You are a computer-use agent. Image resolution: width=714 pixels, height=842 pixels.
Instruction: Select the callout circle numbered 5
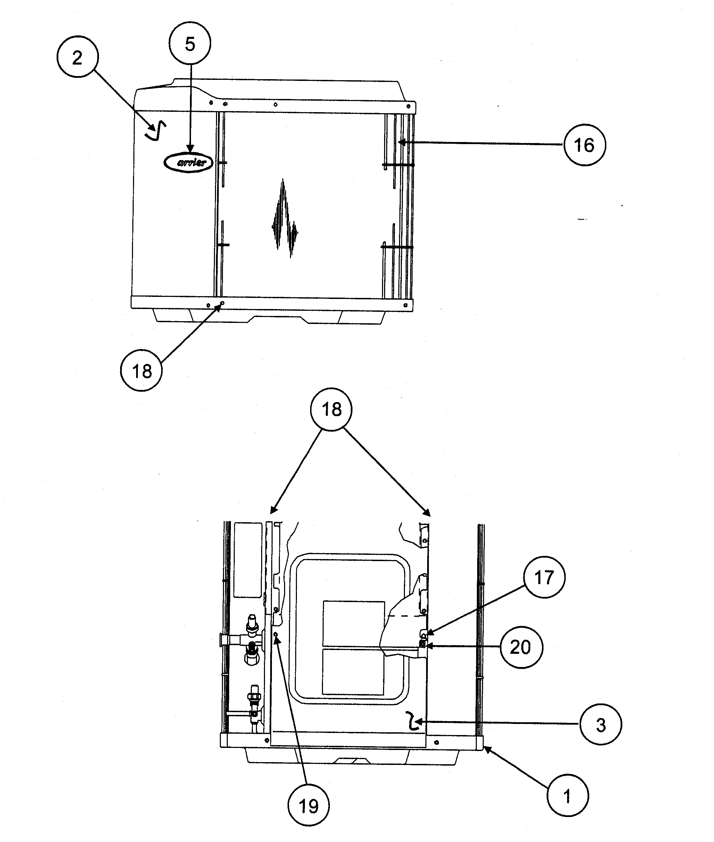pyautogui.click(x=190, y=43)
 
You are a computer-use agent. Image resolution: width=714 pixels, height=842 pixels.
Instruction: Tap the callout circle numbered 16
pyautogui.click(x=584, y=144)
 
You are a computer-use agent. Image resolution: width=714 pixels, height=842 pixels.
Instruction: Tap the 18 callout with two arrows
pyautogui.click(x=332, y=409)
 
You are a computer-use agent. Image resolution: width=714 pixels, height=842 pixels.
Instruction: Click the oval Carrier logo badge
pyautogui.click(x=188, y=162)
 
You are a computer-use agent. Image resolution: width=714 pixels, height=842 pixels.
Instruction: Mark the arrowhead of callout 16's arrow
pyautogui.click(x=401, y=142)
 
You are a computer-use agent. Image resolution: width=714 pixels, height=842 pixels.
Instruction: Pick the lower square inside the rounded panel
pyautogui.click(x=353, y=672)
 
